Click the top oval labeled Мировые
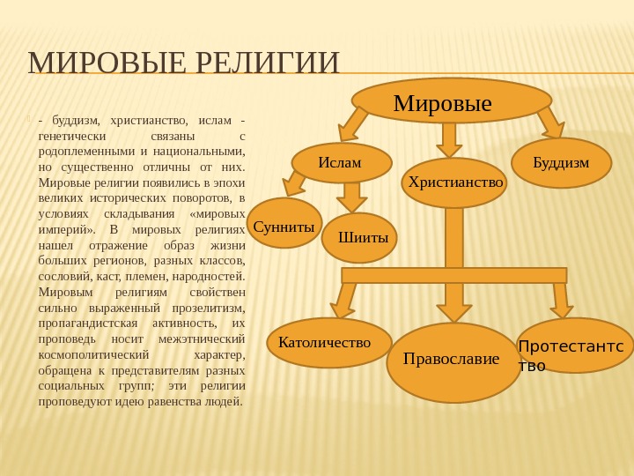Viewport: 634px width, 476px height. (x=451, y=101)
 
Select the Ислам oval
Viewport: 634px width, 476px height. (x=341, y=162)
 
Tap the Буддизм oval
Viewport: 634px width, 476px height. (x=561, y=163)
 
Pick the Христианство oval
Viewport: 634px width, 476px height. (x=454, y=182)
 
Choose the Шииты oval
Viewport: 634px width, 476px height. (x=359, y=238)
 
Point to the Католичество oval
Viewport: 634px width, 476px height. (x=328, y=342)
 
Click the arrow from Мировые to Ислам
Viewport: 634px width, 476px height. (x=353, y=124)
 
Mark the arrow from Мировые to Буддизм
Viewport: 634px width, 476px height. (x=550, y=123)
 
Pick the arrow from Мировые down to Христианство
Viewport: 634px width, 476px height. (x=449, y=139)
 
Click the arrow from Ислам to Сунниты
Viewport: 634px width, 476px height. (x=294, y=184)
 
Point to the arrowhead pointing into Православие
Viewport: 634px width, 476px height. (x=454, y=310)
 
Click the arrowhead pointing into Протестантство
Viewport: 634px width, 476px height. (x=562, y=309)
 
